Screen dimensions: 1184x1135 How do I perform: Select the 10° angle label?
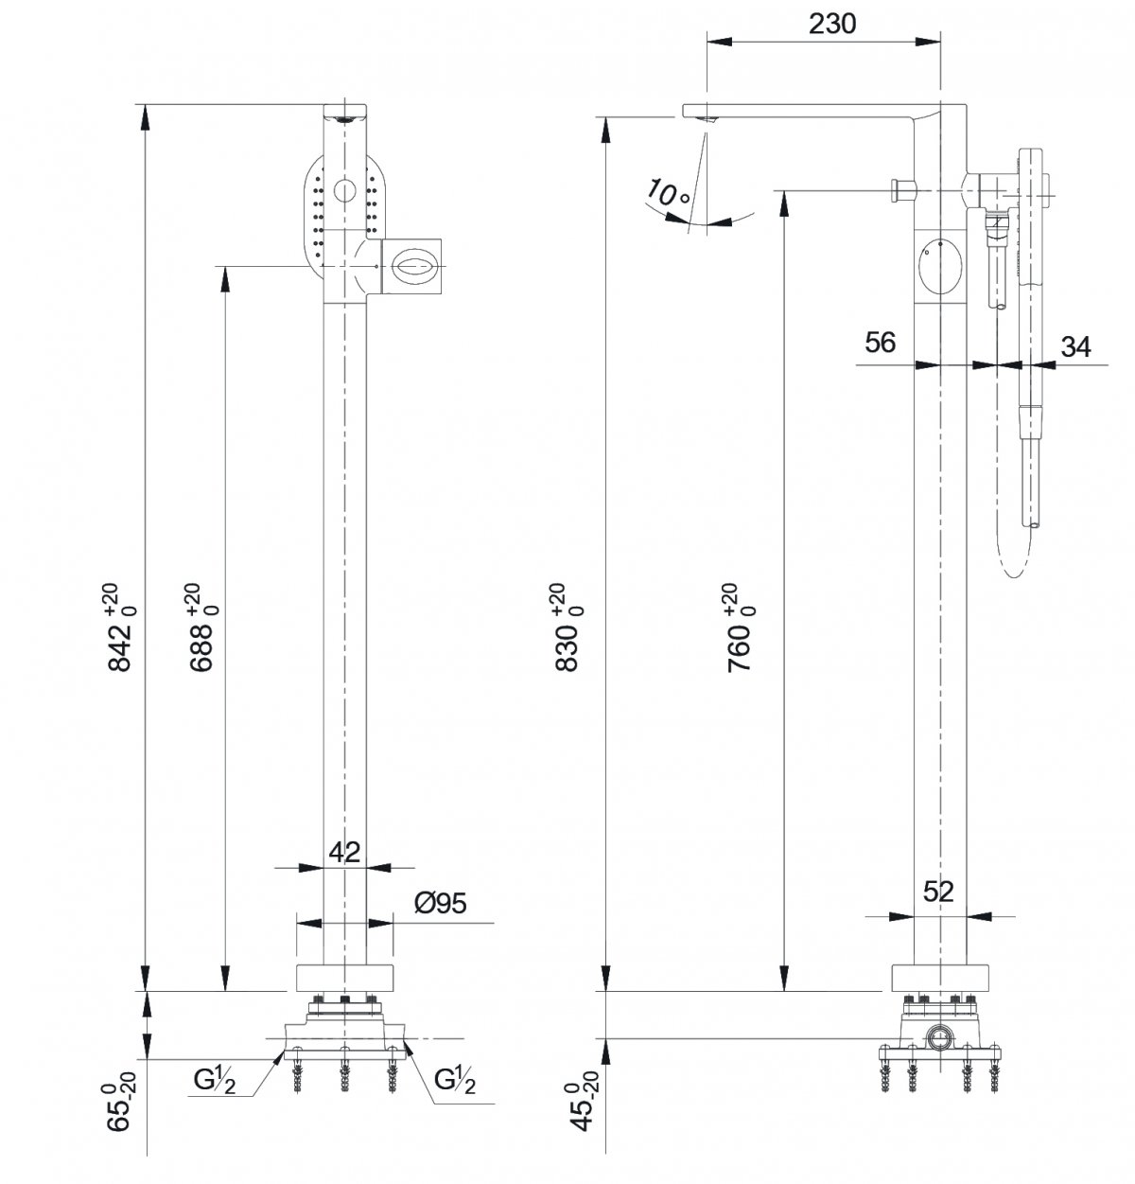click(670, 194)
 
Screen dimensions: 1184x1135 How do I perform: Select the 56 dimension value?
click(880, 342)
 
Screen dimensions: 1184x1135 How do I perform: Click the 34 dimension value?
click(1074, 346)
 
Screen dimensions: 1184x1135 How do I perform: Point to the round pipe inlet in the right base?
click(941, 1036)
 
